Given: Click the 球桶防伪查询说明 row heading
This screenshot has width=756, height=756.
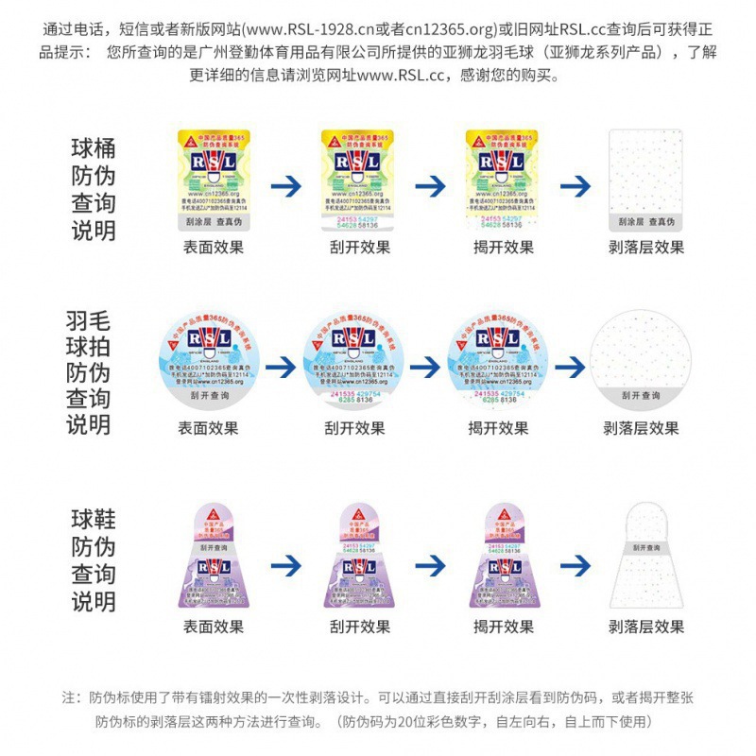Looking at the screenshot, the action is point(93,189).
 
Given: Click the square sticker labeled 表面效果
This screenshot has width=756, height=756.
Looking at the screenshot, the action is point(214,180).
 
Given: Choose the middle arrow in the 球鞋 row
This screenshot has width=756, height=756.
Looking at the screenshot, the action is point(431,565).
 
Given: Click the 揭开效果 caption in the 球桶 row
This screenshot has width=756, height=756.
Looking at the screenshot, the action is point(503,248).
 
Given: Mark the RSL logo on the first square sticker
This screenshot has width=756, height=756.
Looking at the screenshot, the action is point(214,163).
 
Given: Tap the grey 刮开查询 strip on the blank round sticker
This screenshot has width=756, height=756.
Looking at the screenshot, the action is point(641,395).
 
